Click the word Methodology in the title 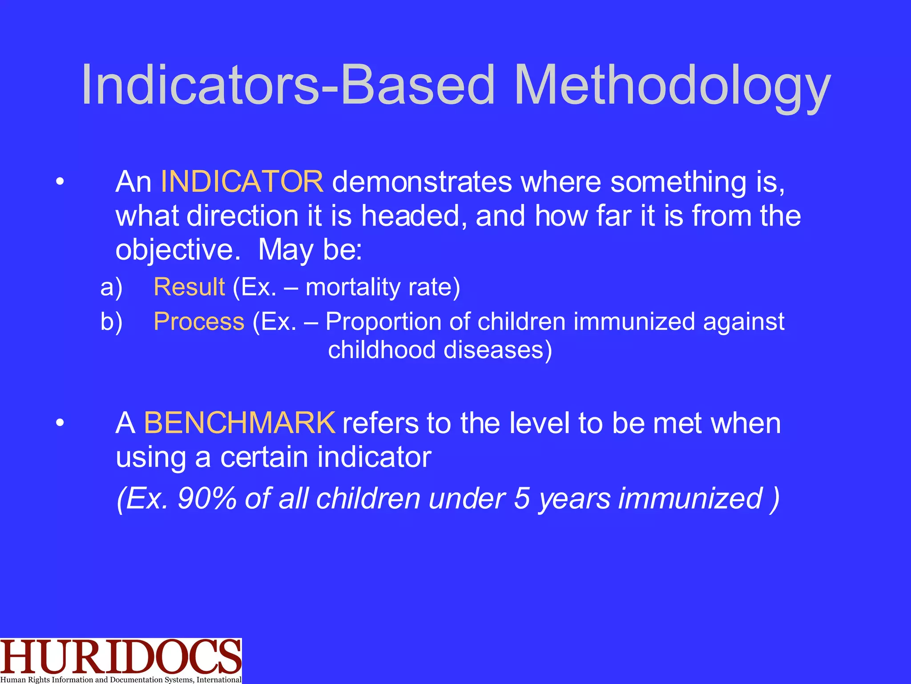(x=672, y=85)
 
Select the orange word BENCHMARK (x=240, y=423)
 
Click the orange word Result (x=189, y=287)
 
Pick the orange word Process (x=199, y=322)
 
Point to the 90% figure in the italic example (x=207, y=498)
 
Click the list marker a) (x=111, y=287)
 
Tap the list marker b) (x=111, y=322)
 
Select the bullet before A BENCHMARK (x=60, y=423)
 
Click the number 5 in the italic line (x=521, y=498)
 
